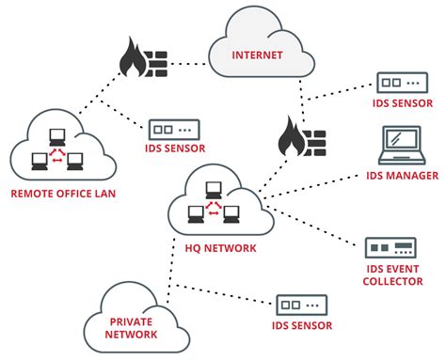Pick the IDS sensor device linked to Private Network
(300, 305)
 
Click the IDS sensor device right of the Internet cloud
(401, 82)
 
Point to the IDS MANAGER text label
(401, 176)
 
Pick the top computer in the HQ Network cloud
(215, 187)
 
